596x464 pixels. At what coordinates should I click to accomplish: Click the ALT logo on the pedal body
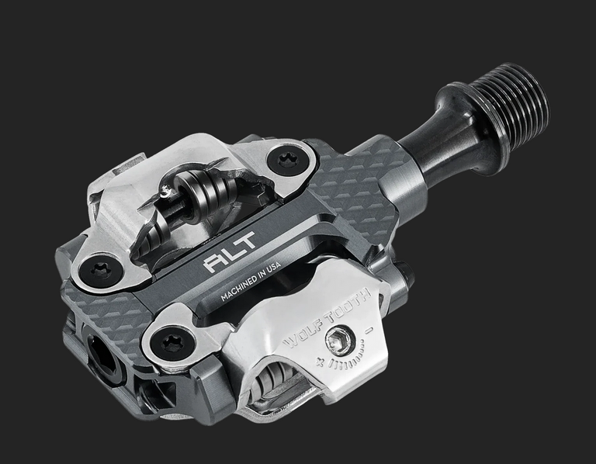point(230,252)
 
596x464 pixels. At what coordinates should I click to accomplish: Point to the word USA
point(274,267)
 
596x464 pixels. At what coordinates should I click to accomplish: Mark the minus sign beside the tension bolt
point(369,330)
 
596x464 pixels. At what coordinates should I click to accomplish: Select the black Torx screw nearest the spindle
point(287,160)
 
